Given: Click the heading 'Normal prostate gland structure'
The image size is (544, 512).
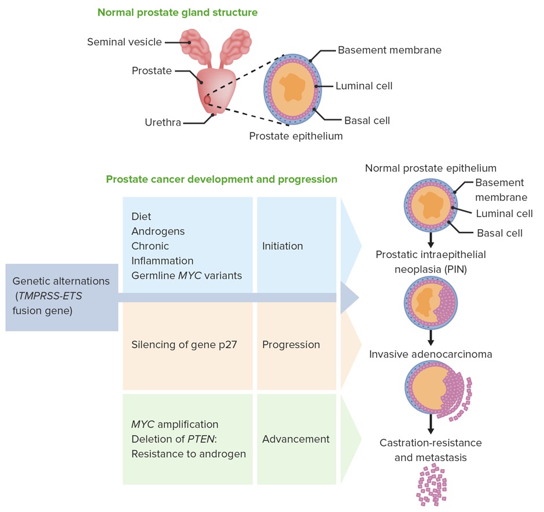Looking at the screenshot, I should click(178, 12).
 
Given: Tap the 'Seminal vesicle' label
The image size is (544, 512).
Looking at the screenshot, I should click(124, 42).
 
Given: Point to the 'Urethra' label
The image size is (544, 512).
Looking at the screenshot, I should click(163, 123).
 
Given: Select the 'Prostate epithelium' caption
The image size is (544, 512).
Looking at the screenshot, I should click(296, 137).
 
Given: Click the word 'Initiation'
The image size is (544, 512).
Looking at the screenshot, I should click(282, 246).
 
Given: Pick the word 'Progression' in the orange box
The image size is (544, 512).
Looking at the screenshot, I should click(291, 344).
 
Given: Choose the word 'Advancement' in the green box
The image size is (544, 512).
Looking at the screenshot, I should click(296, 439).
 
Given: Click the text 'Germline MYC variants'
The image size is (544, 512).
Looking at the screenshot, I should click(186, 275).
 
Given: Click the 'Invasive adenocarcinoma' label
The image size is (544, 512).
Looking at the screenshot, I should click(431, 354).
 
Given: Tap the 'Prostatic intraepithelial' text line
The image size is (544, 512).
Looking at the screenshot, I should click(431, 255).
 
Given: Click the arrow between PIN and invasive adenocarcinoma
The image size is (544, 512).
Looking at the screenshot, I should click(431, 337).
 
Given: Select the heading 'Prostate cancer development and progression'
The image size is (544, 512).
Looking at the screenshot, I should click(222, 179).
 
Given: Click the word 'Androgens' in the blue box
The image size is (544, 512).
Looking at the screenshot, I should click(158, 231).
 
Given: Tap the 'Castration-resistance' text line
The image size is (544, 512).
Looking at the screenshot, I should click(431, 443).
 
